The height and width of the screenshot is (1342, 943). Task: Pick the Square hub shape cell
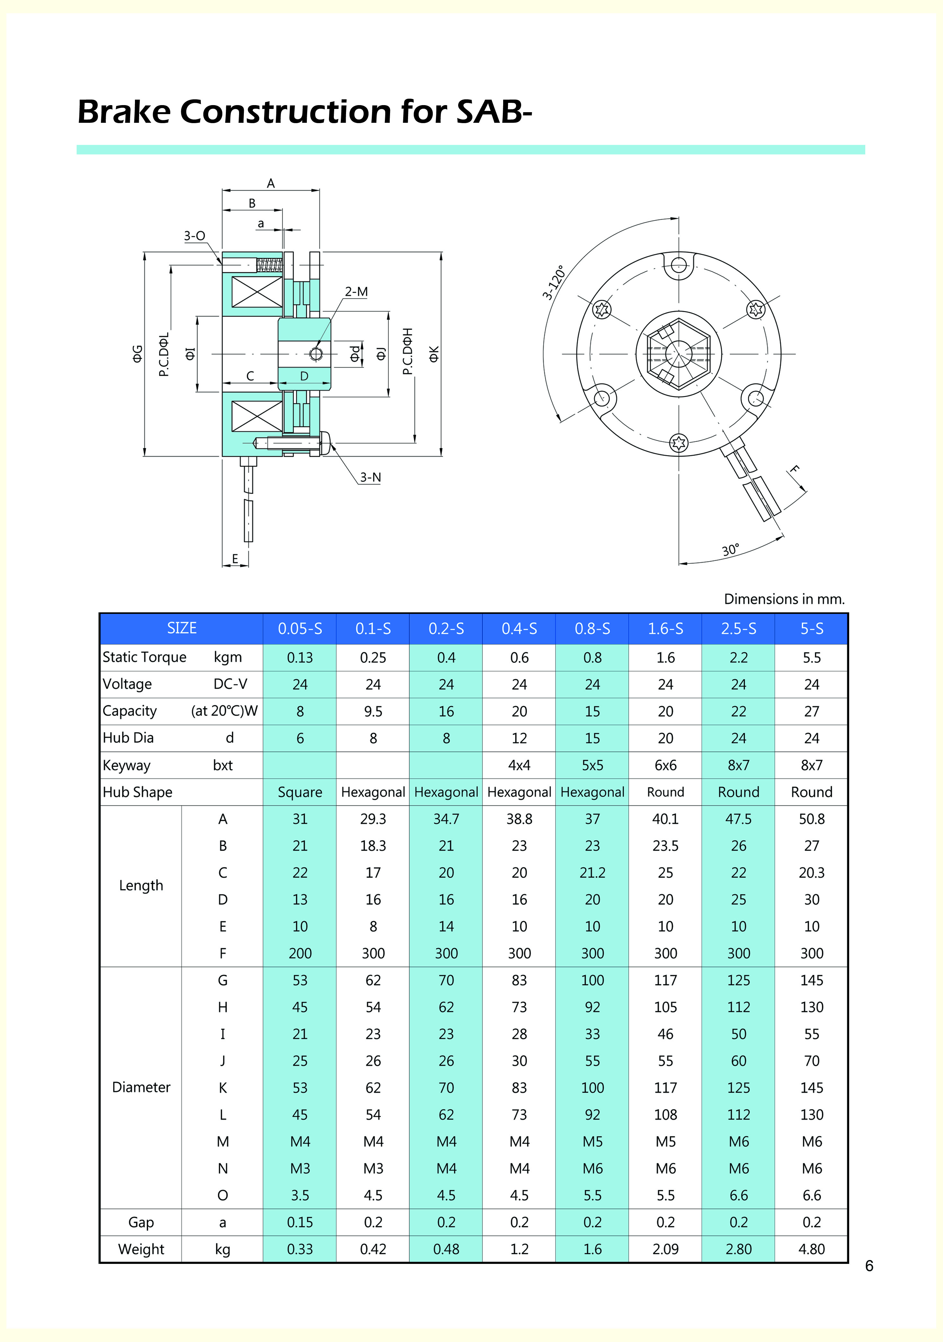[300, 792]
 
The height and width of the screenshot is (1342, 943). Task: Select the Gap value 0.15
[300, 1222]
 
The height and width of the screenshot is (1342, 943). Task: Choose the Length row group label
[141, 886]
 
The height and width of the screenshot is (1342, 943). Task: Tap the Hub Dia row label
[128, 738]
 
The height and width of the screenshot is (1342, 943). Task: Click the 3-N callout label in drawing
[370, 478]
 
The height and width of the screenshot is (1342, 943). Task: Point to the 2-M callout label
[356, 292]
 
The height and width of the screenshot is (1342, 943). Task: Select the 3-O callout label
[195, 236]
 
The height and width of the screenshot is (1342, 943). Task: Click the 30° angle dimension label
[730, 550]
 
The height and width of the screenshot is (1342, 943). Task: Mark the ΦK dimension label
[433, 354]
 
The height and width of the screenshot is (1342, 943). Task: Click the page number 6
[869, 1266]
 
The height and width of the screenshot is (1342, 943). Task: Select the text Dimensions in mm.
[784, 599]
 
